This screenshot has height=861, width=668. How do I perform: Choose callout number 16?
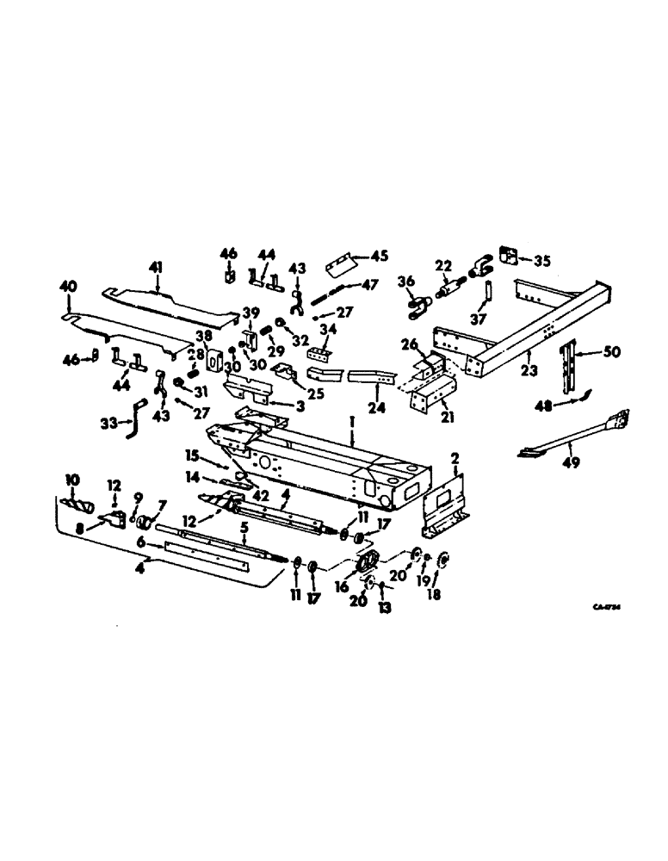[342, 586]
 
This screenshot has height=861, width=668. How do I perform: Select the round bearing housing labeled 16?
[368, 564]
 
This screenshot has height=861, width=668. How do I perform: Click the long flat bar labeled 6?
[207, 551]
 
